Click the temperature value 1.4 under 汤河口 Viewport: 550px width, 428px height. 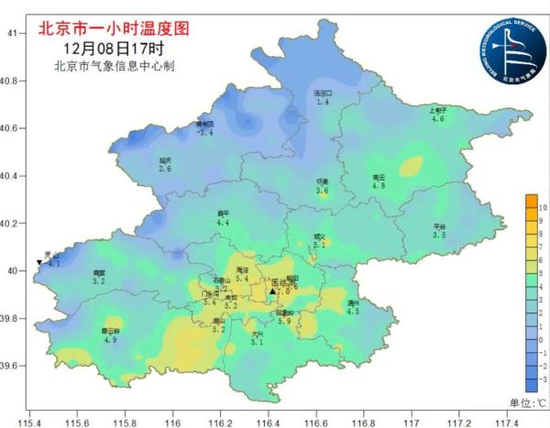[x=322, y=103]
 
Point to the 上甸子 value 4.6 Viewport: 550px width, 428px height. [x=438, y=119]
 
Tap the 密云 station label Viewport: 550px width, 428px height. [x=379, y=177]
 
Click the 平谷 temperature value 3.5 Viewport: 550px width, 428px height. [x=439, y=236]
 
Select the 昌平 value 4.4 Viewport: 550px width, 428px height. [x=223, y=223]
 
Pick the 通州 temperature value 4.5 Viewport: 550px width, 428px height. [x=353, y=312]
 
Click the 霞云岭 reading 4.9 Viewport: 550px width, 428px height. [x=110, y=340]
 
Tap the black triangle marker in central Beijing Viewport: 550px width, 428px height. [x=272, y=291]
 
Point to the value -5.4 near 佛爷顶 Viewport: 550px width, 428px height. [x=205, y=133]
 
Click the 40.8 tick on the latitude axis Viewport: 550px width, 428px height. [x=12, y=81]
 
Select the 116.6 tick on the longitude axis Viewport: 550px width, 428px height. [x=316, y=423]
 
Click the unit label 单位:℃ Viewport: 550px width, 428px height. [x=528, y=402]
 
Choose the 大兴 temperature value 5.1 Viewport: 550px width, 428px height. [x=257, y=342]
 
